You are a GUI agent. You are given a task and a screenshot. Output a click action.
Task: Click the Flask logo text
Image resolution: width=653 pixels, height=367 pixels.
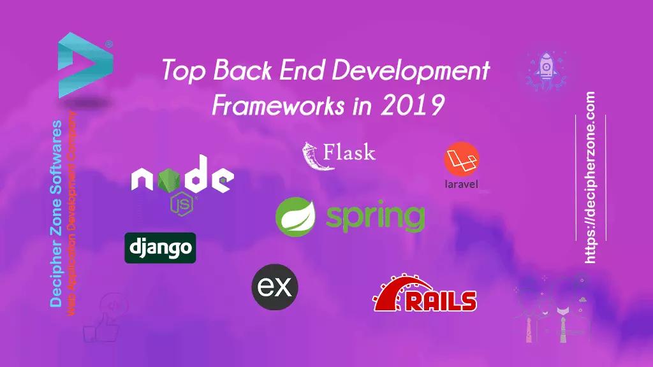point(349,153)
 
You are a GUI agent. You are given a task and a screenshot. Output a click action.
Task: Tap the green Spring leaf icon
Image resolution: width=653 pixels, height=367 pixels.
point(297,217)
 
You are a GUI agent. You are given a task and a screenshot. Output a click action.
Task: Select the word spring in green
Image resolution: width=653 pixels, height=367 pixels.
point(375,217)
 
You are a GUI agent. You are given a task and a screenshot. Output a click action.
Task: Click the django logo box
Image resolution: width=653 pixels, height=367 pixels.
point(160,248)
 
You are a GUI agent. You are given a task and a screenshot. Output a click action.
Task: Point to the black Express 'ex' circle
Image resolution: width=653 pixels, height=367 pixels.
point(275,287)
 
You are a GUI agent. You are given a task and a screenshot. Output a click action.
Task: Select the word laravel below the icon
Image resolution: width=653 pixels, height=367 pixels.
point(461,185)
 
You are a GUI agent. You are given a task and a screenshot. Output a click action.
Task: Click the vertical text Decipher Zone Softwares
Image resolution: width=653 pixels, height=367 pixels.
point(56,213)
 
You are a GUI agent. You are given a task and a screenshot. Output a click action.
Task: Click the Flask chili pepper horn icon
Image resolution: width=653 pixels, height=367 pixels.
point(311,155)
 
